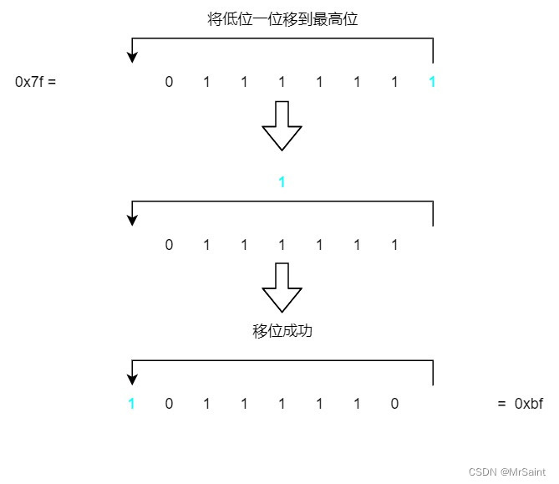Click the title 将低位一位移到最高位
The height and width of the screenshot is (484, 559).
click(282, 18)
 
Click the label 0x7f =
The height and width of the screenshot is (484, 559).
click(35, 82)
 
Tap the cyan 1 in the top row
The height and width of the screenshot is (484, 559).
click(431, 82)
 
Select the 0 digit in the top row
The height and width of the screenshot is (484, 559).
click(169, 82)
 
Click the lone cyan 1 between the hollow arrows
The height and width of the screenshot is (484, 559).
click(282, 181)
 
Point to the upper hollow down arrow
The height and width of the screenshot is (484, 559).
click(282, 126)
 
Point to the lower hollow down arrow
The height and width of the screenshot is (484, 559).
click(282, 288)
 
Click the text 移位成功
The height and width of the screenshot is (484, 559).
click(282, 331)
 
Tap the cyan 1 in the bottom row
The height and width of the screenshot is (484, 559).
click(131, 404)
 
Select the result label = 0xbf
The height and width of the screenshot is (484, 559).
click(520, 404)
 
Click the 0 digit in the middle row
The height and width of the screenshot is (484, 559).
click(169, 245)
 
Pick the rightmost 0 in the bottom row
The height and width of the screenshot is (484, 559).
click(394, 404)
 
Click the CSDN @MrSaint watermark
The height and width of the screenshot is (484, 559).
click(507, 472)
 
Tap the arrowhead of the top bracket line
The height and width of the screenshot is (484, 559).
click(131, 57)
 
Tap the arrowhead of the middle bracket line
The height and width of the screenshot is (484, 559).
click(131, 220)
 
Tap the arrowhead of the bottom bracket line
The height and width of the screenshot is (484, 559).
click(131, 379)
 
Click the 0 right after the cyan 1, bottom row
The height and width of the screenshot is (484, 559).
click(169, 404)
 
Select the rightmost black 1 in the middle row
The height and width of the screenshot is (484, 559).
click(394, 245)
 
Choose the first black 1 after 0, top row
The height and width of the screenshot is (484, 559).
click(206, 82)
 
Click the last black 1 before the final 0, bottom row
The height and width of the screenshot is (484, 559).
click(357, 404)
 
